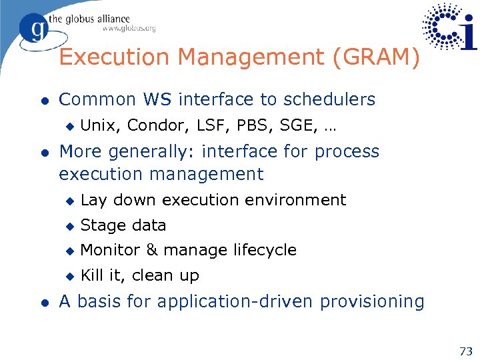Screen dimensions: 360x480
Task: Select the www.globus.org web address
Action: pos(129,29)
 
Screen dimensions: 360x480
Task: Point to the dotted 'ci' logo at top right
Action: pos(450,27)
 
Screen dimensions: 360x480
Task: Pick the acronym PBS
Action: pos(234,125)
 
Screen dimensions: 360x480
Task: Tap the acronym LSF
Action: pos(199,125)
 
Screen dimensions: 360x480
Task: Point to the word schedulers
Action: pos(329,100)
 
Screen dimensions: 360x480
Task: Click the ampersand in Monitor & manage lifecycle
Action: pos(151,250)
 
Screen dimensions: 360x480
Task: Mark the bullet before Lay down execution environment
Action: pos(69,201)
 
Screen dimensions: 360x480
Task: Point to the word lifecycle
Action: pos(265,250)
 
